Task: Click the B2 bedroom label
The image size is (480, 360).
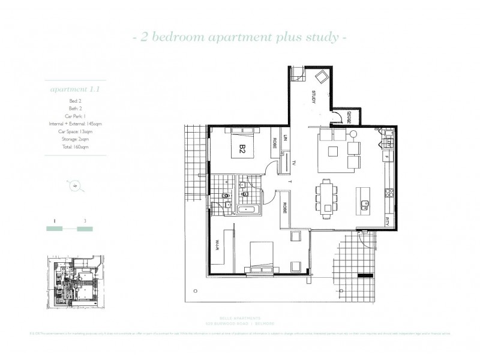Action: tap(243, 148)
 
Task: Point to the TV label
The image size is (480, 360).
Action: tap(295, 163)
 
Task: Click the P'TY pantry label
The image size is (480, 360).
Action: tap(388, 219)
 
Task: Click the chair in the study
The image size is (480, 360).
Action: tap(322, 77)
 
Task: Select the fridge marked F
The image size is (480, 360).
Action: tap(387, 157)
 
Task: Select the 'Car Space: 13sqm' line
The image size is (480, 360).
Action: tap(75, 131)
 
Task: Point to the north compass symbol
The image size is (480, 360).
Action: tap(75, 185)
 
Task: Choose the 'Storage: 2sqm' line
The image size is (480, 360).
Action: tap(75, 139)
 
